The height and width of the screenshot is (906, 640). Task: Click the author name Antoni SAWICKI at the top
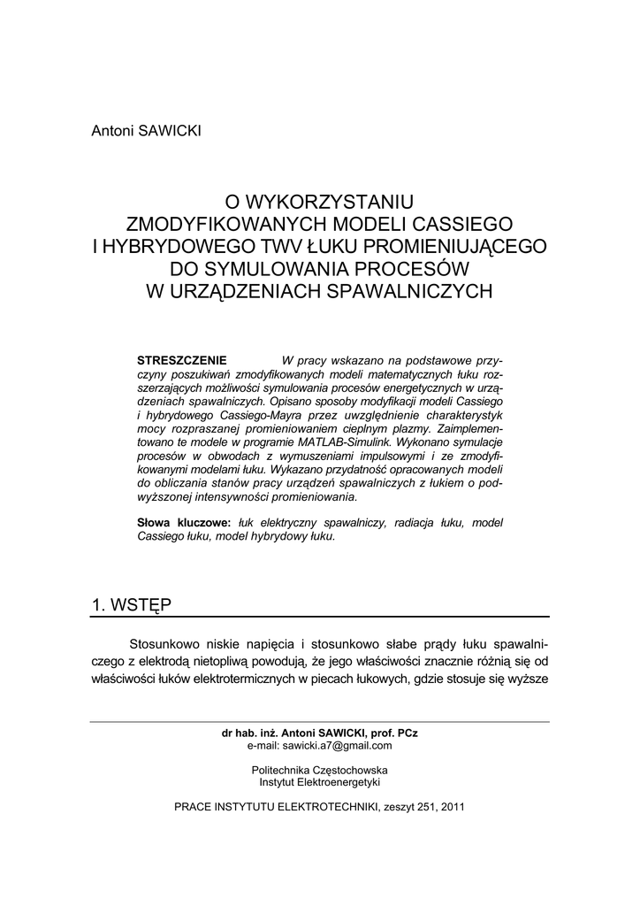pos(147,131)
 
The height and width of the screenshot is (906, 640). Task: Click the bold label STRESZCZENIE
pos(183,361)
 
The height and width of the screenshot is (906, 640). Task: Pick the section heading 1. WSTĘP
pos(132,604)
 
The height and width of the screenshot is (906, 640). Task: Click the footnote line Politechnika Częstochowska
pos(319,770)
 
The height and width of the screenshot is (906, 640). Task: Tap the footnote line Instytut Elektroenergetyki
pos(319,782)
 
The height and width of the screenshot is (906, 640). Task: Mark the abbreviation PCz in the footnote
pos(408,733)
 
